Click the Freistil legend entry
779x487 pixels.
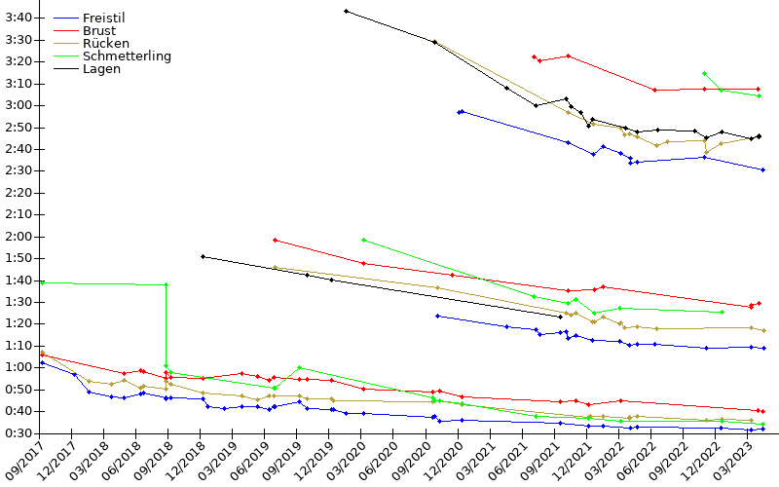click(103, 19)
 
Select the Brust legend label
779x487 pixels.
click(99, 31)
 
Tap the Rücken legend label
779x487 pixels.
click(106, 44)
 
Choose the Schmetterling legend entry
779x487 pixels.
click(127, 56)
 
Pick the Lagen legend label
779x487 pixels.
click(101, 69)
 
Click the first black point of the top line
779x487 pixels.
click(346, 11)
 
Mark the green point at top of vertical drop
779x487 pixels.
click(167, 284)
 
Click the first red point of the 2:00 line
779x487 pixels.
click(276, 240)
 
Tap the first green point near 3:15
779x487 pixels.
click(704, 73)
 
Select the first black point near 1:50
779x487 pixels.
click(203, 256)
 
